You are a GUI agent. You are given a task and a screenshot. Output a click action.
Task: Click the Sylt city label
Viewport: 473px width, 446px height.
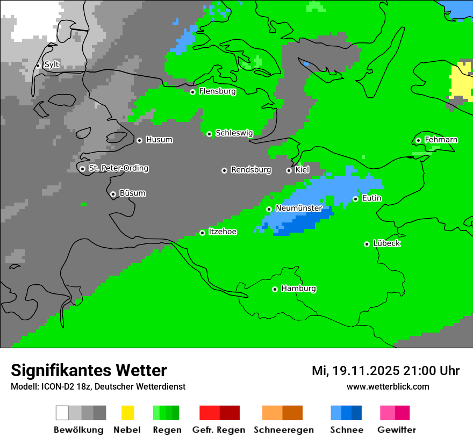52,64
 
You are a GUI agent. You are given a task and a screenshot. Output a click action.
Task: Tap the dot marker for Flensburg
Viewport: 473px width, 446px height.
192,92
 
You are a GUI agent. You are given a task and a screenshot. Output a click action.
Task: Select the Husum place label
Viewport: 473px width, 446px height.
159,140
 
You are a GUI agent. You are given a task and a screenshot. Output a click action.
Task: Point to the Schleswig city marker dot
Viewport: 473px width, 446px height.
209,134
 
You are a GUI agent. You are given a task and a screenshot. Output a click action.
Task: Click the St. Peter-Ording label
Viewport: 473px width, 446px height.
118,168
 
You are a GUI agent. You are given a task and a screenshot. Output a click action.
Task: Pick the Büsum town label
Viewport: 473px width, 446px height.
132,193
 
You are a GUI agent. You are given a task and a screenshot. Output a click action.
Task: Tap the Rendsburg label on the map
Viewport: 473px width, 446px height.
251,170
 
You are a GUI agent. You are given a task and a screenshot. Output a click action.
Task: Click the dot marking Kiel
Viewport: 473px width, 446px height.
289,170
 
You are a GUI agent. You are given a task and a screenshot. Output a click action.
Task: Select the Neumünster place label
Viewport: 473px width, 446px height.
299,208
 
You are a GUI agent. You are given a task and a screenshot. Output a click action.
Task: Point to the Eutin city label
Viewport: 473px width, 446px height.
371,198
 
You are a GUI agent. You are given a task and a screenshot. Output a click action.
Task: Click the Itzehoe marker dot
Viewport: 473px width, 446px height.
202,233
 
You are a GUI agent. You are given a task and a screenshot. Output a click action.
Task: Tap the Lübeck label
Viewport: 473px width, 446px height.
386,243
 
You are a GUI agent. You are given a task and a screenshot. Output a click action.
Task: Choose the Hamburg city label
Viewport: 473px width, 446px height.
298,289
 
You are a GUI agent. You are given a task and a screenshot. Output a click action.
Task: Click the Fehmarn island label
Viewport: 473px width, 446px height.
441,140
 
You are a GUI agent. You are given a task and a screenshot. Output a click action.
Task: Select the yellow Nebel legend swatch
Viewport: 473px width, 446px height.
127,413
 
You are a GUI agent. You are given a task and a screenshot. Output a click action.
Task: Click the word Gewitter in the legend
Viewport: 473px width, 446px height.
397,430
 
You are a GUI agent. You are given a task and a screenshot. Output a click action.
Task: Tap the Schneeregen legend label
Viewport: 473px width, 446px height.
283,430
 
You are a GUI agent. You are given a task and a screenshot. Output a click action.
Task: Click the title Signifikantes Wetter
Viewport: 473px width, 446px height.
89,371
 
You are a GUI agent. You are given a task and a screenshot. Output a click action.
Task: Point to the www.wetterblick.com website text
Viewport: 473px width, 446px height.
388,386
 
